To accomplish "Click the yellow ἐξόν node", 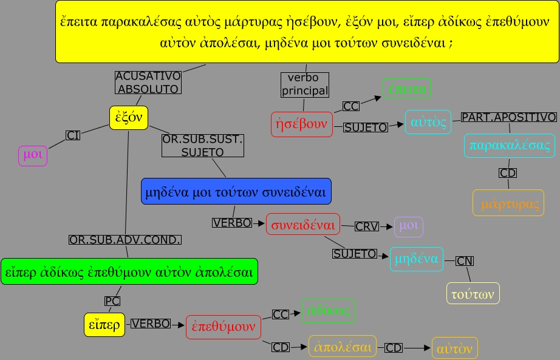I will [129, 118].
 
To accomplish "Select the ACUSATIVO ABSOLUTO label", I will [148, 83].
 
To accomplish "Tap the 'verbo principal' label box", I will [304, 85].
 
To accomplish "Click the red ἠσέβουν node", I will [302, 124].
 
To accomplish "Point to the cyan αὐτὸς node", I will [428, 122].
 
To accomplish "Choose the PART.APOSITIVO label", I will [508, 117].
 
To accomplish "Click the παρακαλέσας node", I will [510, 146].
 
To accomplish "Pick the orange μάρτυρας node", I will [508, 203].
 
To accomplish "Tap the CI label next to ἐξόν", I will [73, 135].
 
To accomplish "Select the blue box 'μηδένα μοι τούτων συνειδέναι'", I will [236, 192].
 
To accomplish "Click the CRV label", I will [367, 226].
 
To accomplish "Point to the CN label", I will [465, 261].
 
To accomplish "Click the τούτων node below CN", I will [473, 293].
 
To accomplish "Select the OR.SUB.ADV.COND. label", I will [125, 240].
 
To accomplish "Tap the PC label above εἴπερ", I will [112, 301].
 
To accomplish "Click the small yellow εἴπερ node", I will [104, 324].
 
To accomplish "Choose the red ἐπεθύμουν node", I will [224, 327].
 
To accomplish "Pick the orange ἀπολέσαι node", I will [343, 347].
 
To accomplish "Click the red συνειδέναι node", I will [303, 225].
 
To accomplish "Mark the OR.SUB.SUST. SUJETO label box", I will [202, 146].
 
